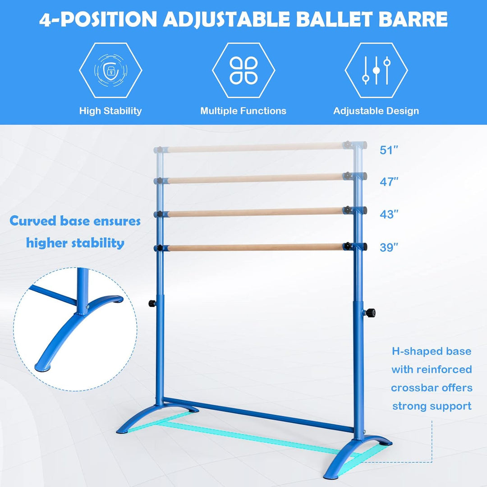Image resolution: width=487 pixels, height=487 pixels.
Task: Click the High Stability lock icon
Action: point(110,70)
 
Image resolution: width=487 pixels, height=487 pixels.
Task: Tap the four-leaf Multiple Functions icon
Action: point(243,70)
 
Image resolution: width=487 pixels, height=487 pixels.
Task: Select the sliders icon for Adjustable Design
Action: point(376,70)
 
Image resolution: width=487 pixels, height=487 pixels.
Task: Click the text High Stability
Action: point(110,111)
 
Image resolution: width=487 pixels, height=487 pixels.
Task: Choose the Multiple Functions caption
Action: point(243,111)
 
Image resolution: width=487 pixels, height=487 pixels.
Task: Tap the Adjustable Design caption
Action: point(376,111)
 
